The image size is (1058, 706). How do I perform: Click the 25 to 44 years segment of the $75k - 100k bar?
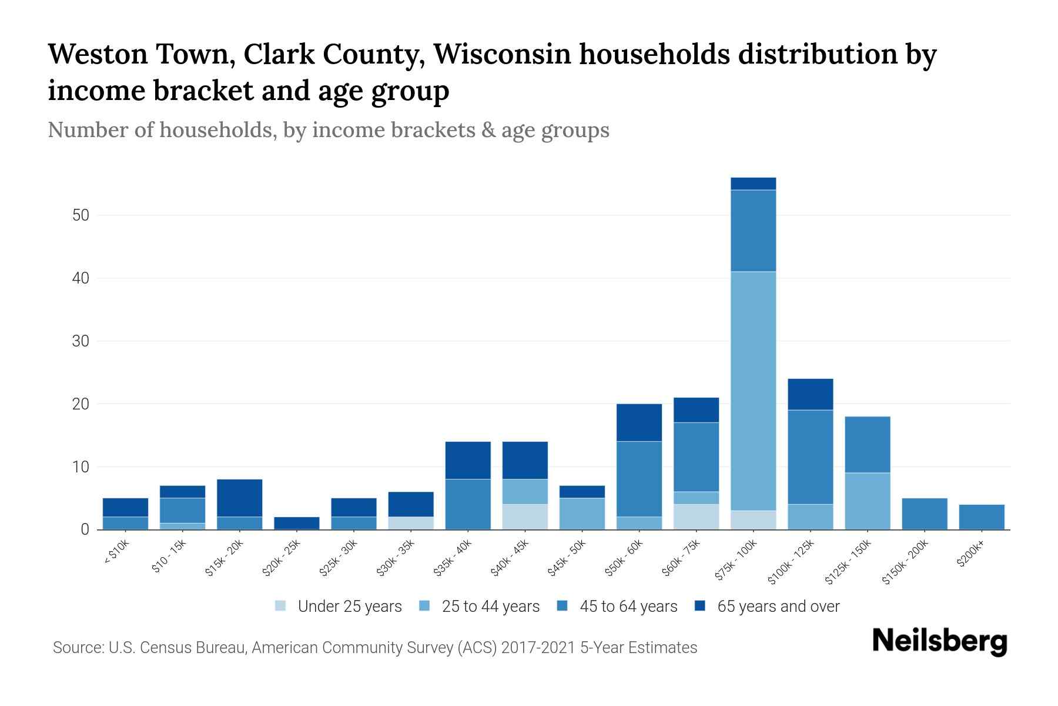tap(753, 391)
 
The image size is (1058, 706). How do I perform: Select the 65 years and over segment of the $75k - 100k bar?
tap(753, 184)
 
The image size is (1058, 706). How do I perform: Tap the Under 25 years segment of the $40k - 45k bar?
tap(525, 517)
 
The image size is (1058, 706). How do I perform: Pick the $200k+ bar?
tap(981, 517)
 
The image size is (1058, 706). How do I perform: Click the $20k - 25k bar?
tap(297, 523)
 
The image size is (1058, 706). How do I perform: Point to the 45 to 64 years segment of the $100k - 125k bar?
tap(810, 457)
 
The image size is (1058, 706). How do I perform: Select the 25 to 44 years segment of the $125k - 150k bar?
tap(867, 501)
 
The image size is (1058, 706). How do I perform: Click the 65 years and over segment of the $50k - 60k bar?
tap(639, 422)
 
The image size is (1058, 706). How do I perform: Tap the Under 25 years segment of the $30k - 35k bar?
tap(411, 523)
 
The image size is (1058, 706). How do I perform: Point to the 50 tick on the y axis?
tap(81, 215)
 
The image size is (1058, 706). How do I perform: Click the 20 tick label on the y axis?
tap(81, 404)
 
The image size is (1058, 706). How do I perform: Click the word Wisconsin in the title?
tap(502, 54)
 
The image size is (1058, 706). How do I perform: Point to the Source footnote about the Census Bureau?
tap(375, 648)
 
